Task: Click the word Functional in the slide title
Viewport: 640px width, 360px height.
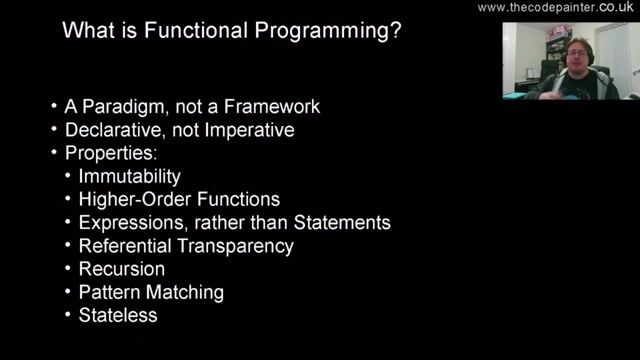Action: pyautogui.click(x=196, y=31)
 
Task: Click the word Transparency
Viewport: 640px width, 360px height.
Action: pyautogui.click(x=244, y=245)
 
